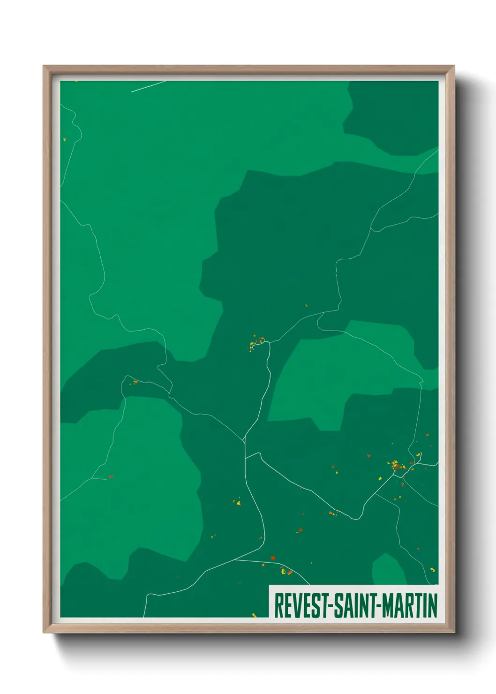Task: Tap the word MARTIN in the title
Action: [x=409, y=605]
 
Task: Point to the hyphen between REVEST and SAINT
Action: [x=331, y=606]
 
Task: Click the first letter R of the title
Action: [x=278, y=605]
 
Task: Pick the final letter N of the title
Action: [x=433, y=605]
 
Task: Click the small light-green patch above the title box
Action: [x=389, y=570]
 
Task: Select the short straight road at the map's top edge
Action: [x=148, y=86]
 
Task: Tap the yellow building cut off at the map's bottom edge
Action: [x=254, y=615]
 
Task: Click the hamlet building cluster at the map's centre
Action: [x=256, y=341]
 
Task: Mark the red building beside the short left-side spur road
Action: [x=111, y=476]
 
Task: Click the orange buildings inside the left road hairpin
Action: [x=135, y=382]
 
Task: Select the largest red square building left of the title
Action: [x=273, y=558]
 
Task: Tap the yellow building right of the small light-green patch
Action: [x=432, y=569]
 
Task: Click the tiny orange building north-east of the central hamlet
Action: [x=306, y=305]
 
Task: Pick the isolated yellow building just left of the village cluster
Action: [x=380, y=478]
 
